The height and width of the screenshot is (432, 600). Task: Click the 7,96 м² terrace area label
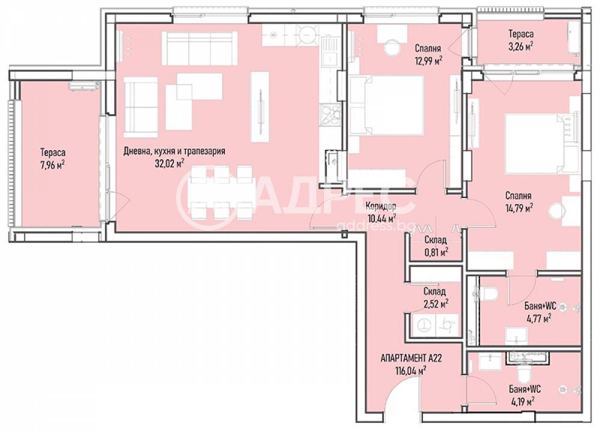tap(53, 163)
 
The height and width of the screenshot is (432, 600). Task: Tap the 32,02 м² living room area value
tap(169, 163)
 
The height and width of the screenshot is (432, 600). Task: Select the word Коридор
tap(380, 207)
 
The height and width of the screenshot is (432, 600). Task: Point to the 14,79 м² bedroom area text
tap(519, 206)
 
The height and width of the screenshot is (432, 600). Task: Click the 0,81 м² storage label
tap(436, 252)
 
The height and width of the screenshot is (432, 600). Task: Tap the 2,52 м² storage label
tap(436, 304)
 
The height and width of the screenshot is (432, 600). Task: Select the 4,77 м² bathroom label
tap(538, 319)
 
